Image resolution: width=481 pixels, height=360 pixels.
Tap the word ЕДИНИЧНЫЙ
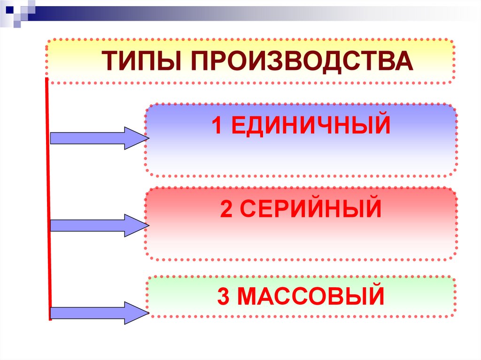311,126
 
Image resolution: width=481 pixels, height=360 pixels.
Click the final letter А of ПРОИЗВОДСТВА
404,62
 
